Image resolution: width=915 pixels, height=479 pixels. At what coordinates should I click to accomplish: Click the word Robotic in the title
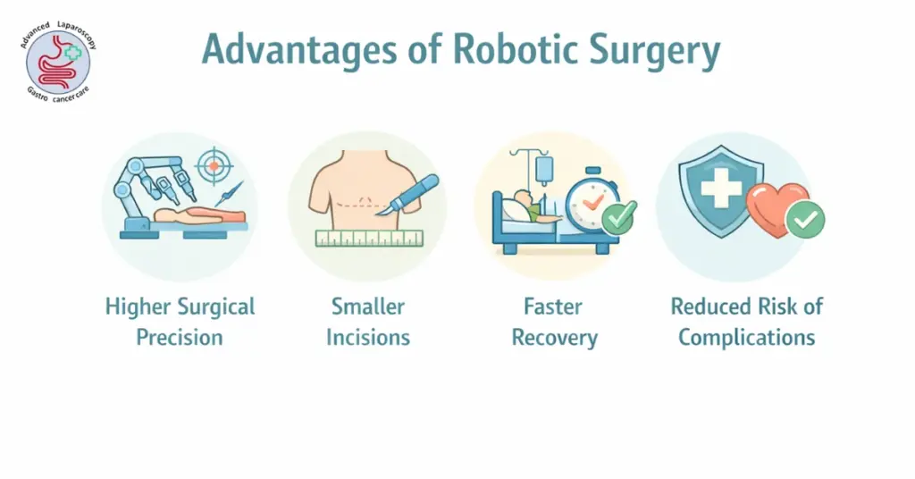click(499, 51)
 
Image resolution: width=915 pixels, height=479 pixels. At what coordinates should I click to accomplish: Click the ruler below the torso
click(368, 239)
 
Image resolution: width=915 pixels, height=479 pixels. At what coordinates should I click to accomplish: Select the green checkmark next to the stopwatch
click(618, 217)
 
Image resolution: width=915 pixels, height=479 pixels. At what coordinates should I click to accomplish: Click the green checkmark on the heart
click(806, 219)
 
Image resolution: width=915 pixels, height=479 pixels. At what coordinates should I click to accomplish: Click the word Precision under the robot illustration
click(180, 337)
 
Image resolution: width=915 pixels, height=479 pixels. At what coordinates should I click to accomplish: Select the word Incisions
click(368, 337)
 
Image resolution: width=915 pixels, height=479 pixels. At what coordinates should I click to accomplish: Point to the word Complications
click(746, 337)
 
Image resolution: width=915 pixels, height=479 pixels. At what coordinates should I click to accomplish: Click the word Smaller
click(368, 307)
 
